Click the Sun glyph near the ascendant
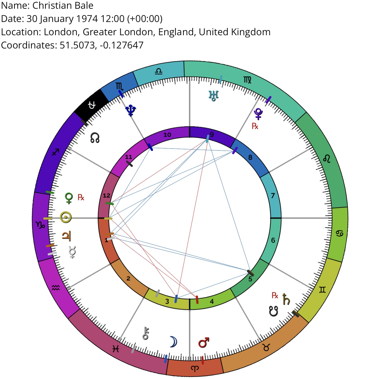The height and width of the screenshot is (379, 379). (65, 217)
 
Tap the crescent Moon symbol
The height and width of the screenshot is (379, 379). (173, 342)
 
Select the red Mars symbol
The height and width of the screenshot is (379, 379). (204, 342)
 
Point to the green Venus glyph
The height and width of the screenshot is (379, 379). (69, 198)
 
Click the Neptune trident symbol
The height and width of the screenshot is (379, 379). (131, 110)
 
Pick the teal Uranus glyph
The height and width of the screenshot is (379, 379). (213, 96)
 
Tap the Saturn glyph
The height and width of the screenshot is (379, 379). (286, 299)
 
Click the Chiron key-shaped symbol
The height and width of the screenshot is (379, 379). (145, 333)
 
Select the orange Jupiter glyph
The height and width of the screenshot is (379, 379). (66, 236)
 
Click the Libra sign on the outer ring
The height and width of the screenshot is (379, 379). (158, 71)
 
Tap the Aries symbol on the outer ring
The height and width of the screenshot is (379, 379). (195, 368)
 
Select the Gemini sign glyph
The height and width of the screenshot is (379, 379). (322, 290)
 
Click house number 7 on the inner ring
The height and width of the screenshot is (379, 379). (273, 196)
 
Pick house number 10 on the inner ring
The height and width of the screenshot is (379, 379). (167, 135)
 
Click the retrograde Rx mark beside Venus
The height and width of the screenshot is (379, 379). (81, 197)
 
